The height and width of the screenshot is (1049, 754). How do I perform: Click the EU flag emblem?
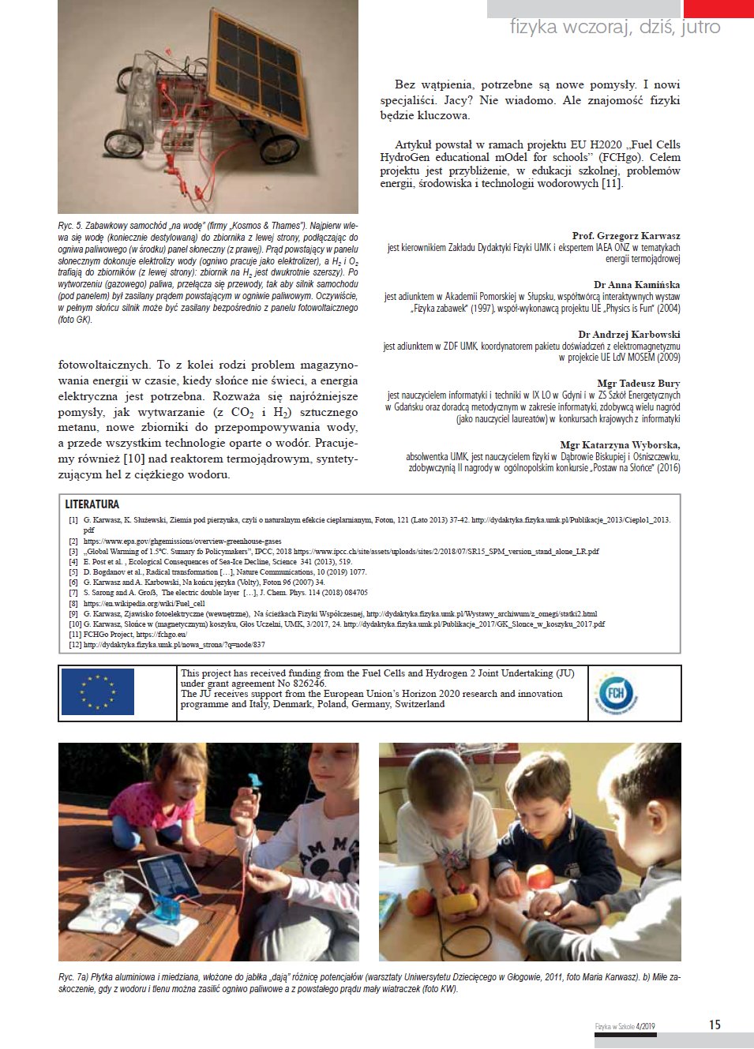98,691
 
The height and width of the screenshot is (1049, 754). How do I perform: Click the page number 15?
714,1025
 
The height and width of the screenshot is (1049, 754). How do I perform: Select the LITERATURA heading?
92,504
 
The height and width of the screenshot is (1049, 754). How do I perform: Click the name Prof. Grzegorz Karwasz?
626,236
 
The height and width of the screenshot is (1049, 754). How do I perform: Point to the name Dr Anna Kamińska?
636,285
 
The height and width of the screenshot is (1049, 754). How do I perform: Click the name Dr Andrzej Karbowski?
628,335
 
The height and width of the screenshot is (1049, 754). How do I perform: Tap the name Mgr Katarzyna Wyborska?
620,445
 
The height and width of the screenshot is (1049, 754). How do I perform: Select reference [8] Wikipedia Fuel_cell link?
144,603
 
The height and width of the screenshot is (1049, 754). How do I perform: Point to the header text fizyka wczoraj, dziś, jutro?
615,28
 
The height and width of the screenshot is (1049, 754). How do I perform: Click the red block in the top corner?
718,8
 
